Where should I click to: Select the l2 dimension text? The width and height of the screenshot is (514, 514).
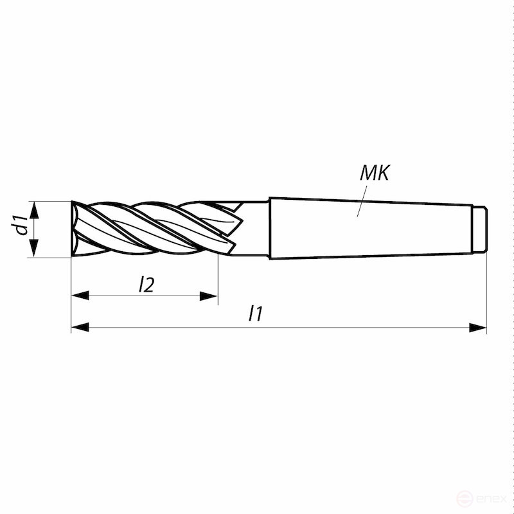(146, 285)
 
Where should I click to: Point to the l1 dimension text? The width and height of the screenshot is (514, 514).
(256, 314)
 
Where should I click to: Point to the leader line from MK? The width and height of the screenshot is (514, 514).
(363, 200)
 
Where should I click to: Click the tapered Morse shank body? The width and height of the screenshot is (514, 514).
(373, 229)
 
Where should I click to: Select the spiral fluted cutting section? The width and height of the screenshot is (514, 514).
(154, 228)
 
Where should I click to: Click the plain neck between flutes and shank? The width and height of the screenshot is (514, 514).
(255, 229)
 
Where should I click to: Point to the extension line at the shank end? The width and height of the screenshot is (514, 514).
(486, 289)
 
